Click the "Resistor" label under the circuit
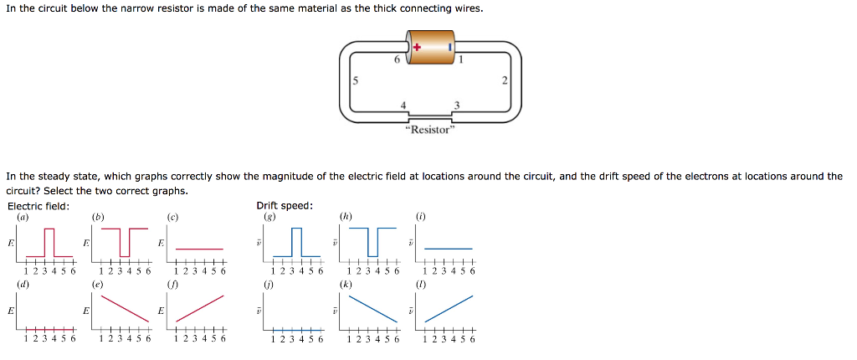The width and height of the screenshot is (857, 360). coord(428,131)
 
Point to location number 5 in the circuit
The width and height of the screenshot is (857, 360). coord(355,81)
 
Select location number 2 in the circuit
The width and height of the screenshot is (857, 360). coord(505,80)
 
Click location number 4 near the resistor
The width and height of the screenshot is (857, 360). coord(404,105)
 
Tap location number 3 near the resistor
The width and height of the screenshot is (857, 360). coord(456,105)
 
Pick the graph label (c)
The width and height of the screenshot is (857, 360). coord(173,217)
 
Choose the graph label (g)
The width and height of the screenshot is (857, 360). coord(269,217)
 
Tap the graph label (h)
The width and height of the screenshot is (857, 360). coord(346,217)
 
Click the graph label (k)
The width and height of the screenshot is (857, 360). coord(346,285)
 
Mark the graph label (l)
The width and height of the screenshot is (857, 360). coord(421,285)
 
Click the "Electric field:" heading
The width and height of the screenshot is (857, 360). coord(38,206)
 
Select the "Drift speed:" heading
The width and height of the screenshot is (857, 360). coord(285,206)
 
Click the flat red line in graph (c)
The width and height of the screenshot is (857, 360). coord(199,249)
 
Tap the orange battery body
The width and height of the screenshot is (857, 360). coord(432,47)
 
